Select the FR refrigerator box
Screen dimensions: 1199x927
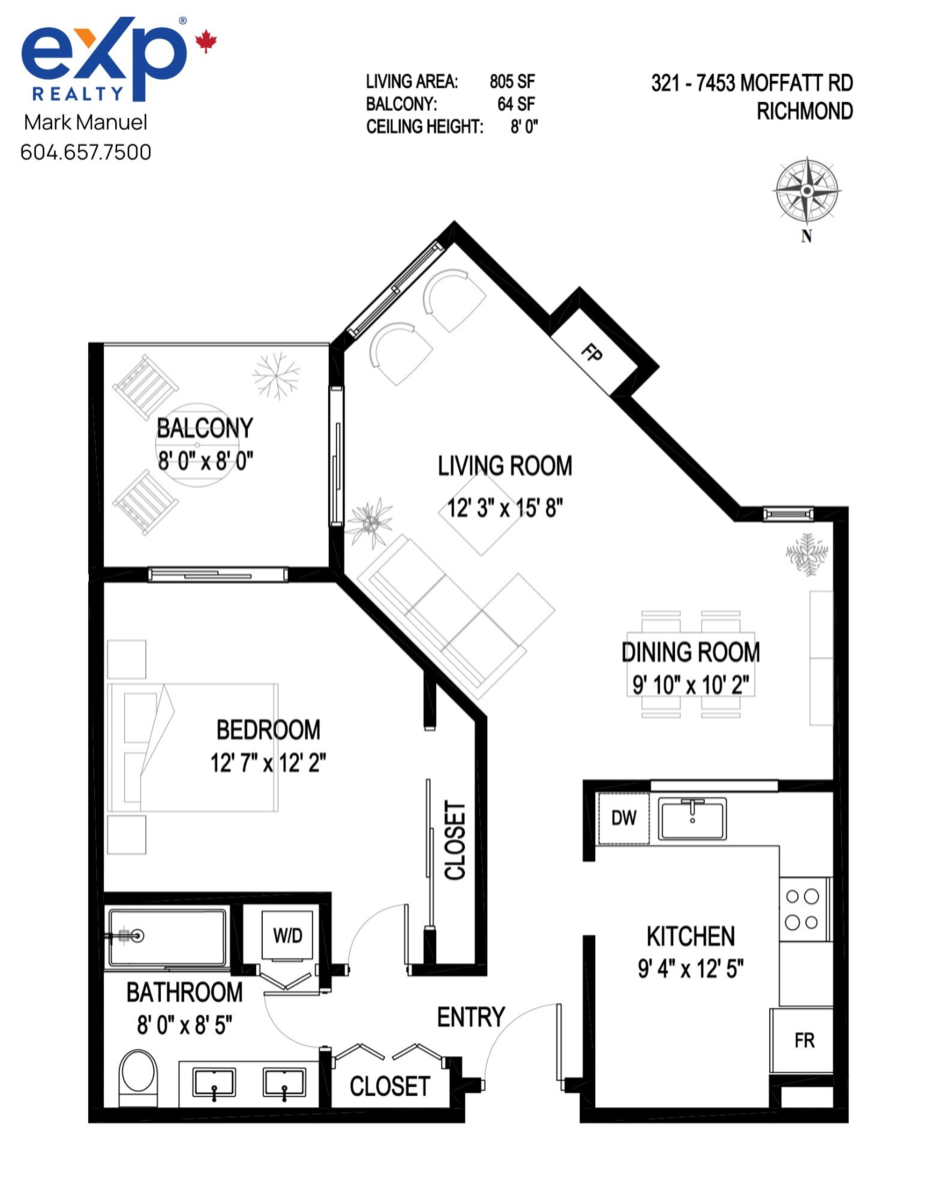[x=804, y=1040]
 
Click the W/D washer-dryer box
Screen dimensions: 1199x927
[x=288, y=937]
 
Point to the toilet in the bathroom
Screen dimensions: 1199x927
[x=138, y=1075]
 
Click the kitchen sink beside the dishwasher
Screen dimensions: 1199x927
[x=692, y=819]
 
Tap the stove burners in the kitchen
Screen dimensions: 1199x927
[x=805, y=909]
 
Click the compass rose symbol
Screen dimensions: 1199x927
[x=806, y=190]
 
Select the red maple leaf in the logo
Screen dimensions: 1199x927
[x=206, y=41]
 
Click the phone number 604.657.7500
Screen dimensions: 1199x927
[x=86, y=153]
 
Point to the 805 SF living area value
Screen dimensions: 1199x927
[x=516, y=82]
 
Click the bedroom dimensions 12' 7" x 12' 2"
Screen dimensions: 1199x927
[x=268, y=763]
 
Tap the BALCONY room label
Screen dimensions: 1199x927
[x=204, y=429]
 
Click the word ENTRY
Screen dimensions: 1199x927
[x=470, y=1017]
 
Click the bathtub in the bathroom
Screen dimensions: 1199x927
[x=167, y=937]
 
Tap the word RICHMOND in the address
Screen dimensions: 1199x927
[x=806, y=111]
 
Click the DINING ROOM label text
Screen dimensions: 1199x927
[x=690, y=652]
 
